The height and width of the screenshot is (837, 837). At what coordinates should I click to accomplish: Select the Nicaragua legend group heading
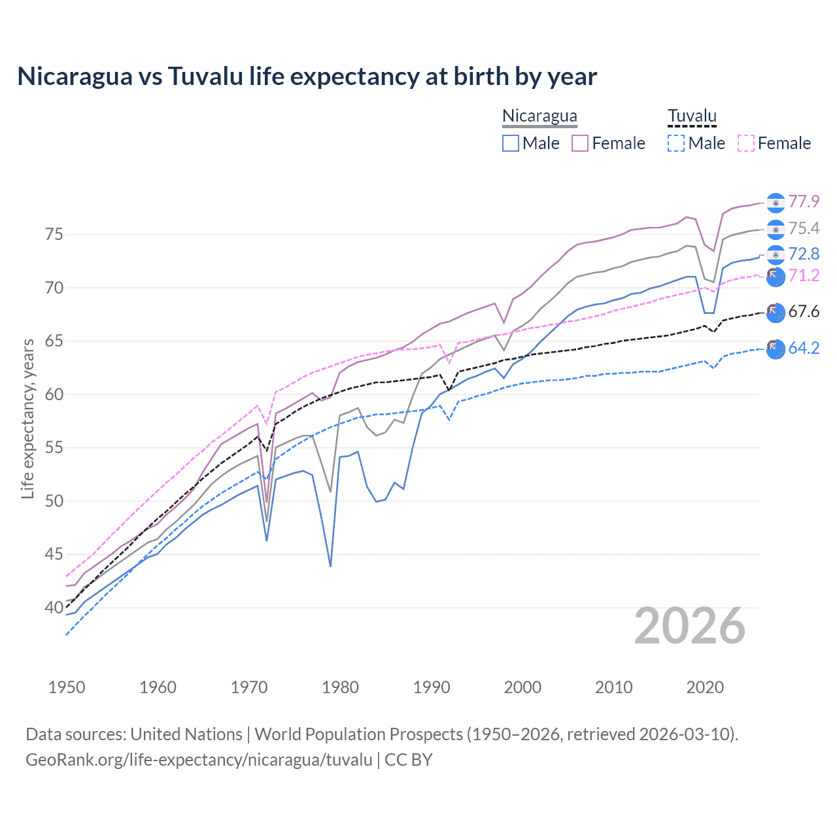(x=539, y=116)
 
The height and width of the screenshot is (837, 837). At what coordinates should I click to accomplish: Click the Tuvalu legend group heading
(x=692, y=116)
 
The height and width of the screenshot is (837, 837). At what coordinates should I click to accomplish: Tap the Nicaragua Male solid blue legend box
(x=511, y=143)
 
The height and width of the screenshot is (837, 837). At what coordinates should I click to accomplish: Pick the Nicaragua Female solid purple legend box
(x=580, y=143)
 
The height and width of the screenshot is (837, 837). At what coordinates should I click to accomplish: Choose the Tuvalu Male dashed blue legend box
(x=676, y=143)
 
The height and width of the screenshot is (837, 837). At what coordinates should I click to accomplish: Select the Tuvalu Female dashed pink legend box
(x=746, y=143)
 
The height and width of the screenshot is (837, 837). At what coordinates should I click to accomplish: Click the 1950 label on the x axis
(x=67, y=687)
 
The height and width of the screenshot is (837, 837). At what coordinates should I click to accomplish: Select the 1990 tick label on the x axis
(x=432, y=687)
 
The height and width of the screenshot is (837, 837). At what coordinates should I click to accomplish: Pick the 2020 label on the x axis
(x=705, y=687)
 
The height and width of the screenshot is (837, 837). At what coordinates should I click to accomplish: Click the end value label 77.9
(x=804, y=202)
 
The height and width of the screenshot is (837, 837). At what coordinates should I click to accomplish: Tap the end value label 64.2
(x=804, y=349)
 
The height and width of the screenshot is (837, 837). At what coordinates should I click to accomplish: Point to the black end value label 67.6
(x=804, y=311)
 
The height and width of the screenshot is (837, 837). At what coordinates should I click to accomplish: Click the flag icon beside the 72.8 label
(x=776, y=254)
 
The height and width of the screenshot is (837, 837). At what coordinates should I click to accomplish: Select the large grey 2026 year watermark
(x=690, y=626)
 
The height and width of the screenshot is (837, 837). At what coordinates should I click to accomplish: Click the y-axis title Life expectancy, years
(x=28, y=418)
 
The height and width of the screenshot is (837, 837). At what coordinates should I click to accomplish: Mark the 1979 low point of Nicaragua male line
(x=330, y=566)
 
